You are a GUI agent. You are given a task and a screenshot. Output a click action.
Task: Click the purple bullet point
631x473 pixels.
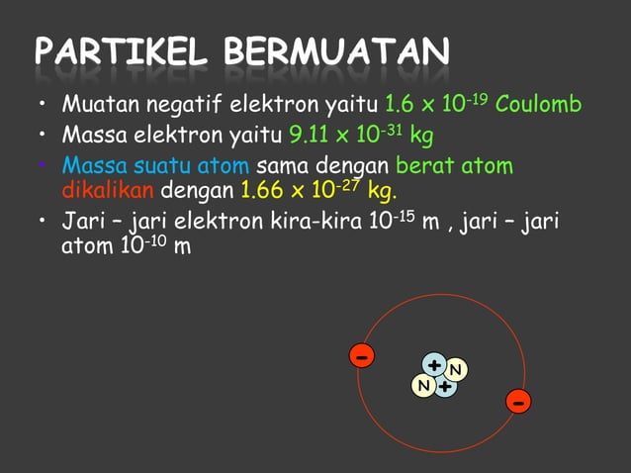(x=44, y=161)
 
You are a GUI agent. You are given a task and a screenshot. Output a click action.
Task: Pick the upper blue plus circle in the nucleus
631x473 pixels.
(x=434, y=365)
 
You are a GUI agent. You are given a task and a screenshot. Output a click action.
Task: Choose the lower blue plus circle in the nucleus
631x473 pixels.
(x=446, y=385)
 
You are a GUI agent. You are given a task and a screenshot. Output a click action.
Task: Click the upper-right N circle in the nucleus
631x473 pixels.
(x=456, y=370)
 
